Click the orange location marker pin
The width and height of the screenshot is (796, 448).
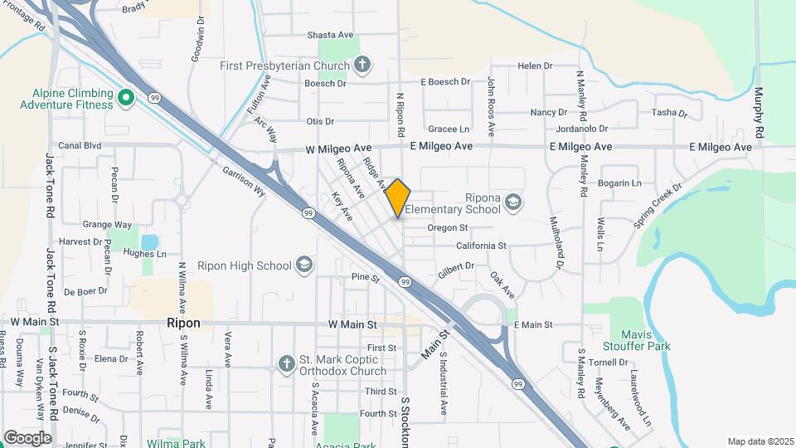point(398,197)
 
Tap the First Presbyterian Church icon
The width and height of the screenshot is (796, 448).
point(362,64)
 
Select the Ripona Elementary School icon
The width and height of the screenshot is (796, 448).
point(514,202)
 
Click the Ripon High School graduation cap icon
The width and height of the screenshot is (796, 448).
point(304,265)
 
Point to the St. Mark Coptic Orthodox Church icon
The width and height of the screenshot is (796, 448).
point(286,363)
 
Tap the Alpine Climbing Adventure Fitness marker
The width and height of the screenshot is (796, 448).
point(126,99)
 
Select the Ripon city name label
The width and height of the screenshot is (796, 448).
point(183,322)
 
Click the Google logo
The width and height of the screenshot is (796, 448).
point(27,437)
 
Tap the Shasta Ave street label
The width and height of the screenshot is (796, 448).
point(331,35)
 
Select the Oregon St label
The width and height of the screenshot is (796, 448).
point(448,227)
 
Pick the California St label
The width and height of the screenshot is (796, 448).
point(481,246)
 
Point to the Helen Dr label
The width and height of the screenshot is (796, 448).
point(534,66)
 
